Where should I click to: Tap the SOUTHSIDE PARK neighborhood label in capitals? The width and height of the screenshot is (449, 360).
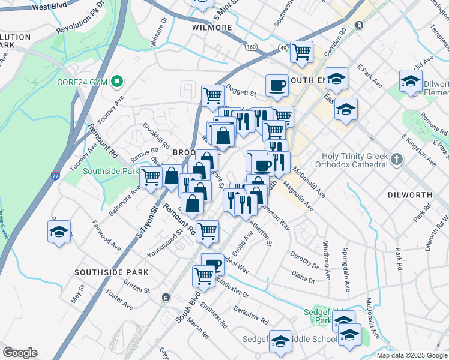pos(111,272)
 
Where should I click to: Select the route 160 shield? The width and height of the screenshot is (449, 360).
pos(250,46)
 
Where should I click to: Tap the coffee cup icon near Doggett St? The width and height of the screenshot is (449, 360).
pos(277,85)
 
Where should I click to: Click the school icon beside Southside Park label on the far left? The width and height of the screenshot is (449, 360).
pos(59,232)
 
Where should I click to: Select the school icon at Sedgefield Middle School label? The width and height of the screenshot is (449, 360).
pos(280,341)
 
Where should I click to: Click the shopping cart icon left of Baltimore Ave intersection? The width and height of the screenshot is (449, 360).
pos(151,177)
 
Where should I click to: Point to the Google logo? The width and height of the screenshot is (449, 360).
pos(20,353)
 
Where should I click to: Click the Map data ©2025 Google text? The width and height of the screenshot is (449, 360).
pos(411,355)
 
